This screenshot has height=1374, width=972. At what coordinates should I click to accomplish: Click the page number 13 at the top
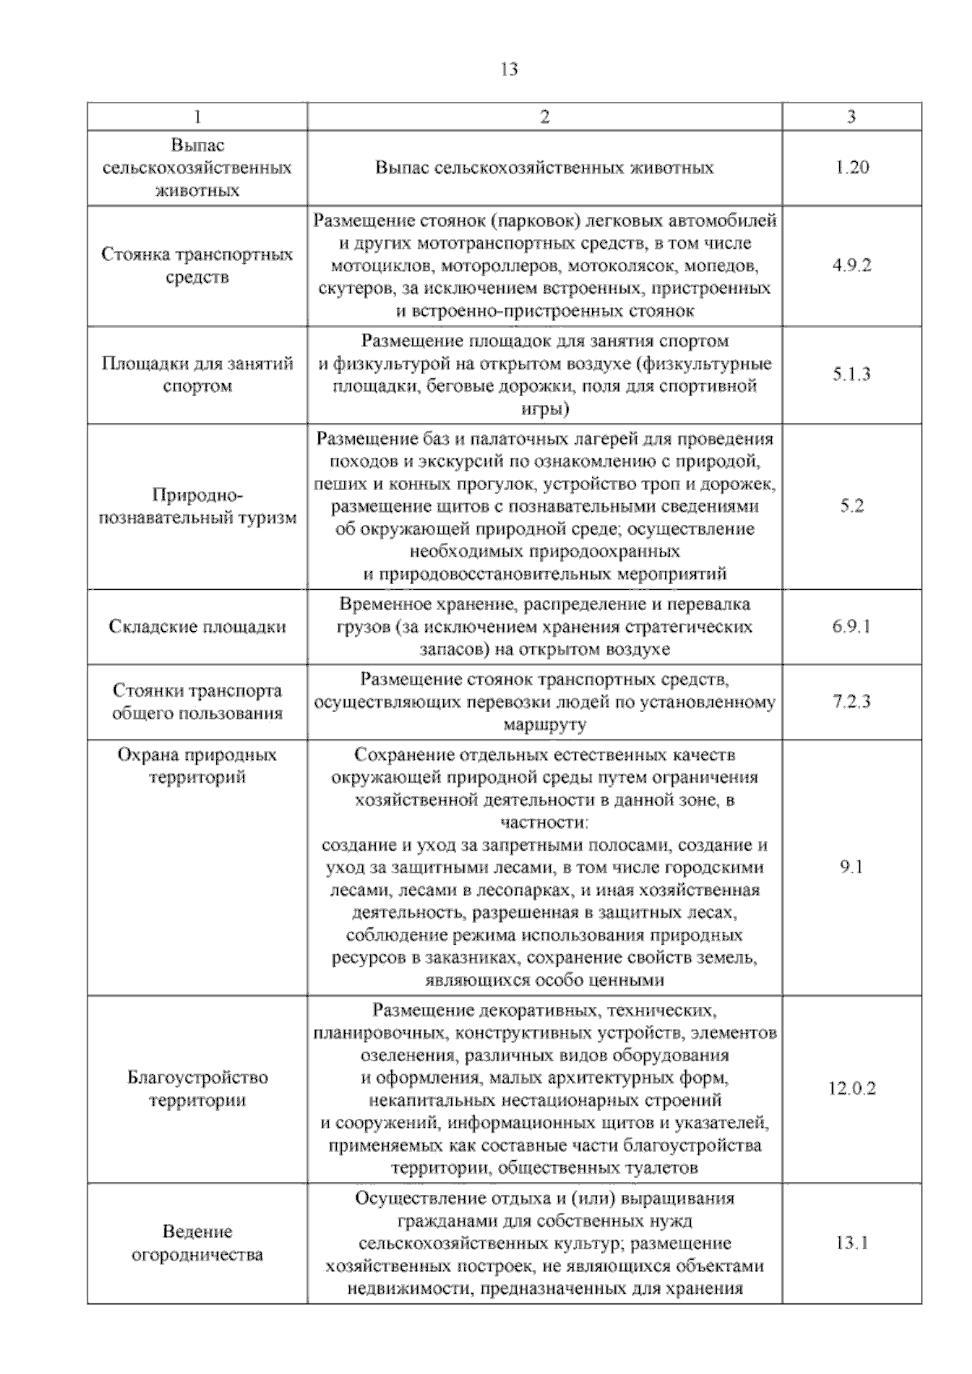509,69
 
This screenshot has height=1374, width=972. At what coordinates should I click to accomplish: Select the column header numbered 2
544,117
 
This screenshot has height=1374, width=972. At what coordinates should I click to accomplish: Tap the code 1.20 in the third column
851,168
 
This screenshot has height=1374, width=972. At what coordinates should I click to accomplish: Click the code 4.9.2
851,266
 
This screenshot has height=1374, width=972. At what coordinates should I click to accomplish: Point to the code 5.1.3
851,374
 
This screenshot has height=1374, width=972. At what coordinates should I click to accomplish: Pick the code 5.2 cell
852,506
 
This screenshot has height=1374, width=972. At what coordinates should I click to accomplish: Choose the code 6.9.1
851,626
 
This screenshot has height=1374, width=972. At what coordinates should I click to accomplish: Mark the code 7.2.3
851,702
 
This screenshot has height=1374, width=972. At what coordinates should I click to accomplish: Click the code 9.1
851,867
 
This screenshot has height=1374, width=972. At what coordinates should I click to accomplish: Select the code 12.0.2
851,1088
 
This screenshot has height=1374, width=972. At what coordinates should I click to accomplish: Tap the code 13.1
851,1243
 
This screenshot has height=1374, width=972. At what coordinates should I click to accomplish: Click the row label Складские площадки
198,627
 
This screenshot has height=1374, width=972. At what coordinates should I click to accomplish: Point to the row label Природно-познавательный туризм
198,506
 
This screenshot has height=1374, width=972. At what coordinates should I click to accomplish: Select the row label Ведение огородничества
198,1243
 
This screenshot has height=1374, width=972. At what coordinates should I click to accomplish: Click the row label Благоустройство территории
198,1089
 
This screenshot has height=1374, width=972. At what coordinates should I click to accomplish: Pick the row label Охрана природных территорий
198,766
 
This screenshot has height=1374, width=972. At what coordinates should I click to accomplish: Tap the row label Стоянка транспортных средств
198,266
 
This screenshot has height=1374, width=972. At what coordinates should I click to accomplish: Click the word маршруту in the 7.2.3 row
544,724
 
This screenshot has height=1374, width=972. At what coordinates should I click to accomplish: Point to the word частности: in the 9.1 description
544,822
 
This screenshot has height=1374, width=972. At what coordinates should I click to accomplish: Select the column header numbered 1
198,117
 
